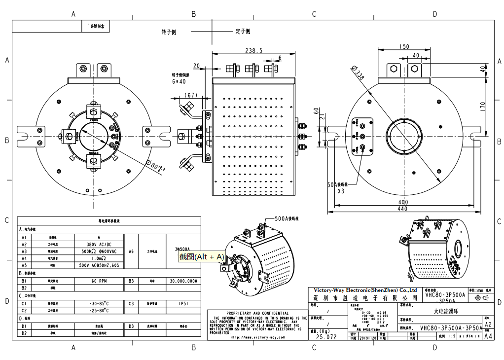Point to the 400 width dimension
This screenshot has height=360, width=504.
[x=403, y=202]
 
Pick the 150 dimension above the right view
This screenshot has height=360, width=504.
[x=404, y=47]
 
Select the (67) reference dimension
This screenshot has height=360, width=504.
[x=191, y=95]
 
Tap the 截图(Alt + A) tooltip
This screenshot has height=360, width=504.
[x=201, y=256]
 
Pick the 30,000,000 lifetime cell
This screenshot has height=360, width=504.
[x=183, y=281]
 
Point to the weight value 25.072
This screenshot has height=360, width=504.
[x=326, y=337]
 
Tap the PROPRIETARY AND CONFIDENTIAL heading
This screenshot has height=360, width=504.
[x=257, y=313]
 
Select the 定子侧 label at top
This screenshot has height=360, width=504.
[x=243, y=32]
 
